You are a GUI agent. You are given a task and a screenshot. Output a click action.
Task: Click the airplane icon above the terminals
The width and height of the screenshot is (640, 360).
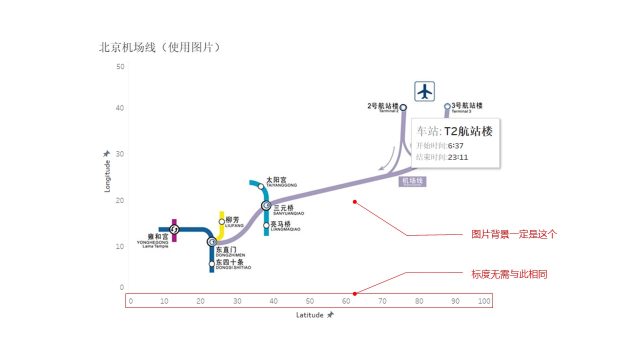click(x=424, y=91)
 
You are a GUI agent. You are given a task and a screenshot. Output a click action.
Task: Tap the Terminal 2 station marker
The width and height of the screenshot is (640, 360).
click(x=403, y=107)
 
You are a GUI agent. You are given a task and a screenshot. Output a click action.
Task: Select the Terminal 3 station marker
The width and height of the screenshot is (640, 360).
click(x=447, y=106)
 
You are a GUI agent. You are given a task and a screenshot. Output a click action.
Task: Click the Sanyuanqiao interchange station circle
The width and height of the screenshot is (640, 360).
click(x=266, y=205)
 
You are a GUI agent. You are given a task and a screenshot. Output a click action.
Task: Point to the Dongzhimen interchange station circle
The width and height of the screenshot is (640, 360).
click(x=212, y=242)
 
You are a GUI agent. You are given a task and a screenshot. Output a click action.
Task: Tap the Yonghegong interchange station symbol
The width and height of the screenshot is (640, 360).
click(x=174, y=229)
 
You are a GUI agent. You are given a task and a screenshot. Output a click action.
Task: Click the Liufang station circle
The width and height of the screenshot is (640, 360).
click(x=222, y=221)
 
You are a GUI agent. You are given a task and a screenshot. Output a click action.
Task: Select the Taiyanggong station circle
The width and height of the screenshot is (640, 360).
click(x=260, y=186)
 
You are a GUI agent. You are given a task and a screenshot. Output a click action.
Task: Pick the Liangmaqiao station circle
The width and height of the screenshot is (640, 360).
click(x=266, y=225)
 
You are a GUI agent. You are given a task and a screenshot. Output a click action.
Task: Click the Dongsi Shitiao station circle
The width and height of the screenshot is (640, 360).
click(x=212, y=263)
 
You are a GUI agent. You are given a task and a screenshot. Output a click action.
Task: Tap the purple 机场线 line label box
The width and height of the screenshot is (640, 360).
click(x=412, y=181)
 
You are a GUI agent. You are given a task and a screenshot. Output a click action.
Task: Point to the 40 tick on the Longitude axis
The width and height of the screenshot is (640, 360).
click(x=120, y=108)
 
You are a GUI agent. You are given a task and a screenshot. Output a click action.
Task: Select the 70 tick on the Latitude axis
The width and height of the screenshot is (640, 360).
click(x=382, y=301)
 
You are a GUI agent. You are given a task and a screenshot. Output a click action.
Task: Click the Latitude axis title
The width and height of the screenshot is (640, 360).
click(x=309, y=315)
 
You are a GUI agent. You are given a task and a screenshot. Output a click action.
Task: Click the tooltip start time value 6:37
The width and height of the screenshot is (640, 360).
click(x=455, y=145)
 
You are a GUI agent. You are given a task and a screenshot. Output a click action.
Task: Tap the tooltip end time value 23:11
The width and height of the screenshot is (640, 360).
click(x=458, y=157)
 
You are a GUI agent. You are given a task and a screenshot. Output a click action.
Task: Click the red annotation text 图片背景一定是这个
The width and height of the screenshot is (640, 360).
click(x=513, y=234)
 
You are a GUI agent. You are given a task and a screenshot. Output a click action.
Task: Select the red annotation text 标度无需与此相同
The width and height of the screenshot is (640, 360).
click(x=509, y=274)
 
